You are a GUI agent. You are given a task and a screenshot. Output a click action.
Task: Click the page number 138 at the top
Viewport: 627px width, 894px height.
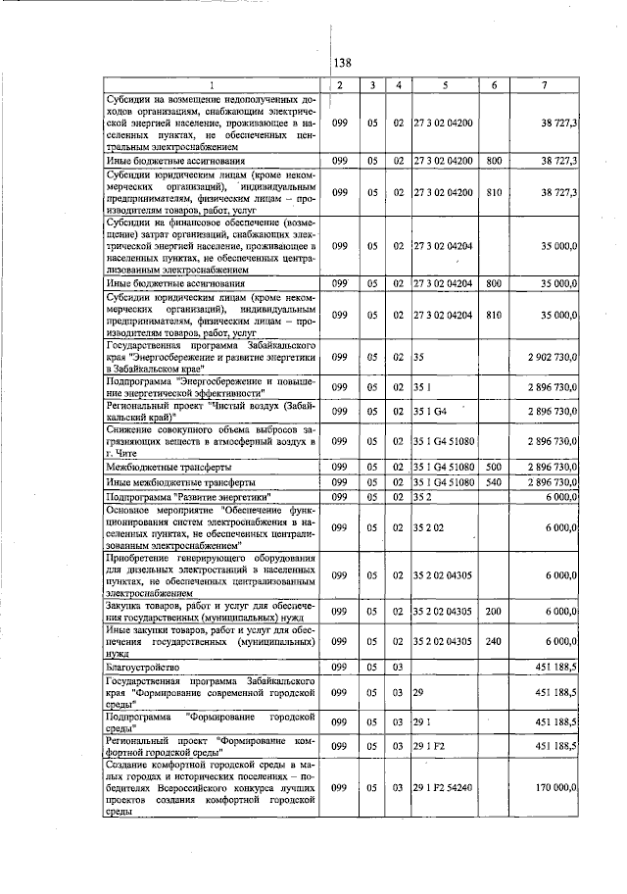(342, 63)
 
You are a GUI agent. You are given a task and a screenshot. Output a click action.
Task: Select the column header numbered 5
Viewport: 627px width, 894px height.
(445, 85)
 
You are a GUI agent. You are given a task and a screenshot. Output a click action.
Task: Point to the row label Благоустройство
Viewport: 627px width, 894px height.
(141, 667)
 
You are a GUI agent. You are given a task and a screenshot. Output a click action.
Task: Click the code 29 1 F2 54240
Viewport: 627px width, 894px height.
(446, 787)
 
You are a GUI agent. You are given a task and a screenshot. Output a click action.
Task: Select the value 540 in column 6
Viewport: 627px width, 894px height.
(494, 483)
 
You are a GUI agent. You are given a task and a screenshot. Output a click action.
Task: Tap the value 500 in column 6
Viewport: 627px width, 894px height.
(494, 469)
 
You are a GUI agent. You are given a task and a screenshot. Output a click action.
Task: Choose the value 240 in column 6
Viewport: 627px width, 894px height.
(494, 641)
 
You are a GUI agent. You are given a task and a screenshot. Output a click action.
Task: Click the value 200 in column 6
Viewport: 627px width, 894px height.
(494, 611)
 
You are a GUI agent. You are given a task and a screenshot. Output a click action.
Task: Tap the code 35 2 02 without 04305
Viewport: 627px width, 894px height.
(427, 528)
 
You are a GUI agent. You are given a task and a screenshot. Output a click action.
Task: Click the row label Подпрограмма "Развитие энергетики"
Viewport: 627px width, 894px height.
(186, 498)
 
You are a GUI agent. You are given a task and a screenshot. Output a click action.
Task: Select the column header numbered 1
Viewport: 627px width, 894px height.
(212, 85)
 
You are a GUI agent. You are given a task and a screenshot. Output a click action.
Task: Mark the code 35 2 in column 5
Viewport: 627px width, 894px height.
(422, 498)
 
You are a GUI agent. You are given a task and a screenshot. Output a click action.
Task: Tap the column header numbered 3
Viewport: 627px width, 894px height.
(372, 85)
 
